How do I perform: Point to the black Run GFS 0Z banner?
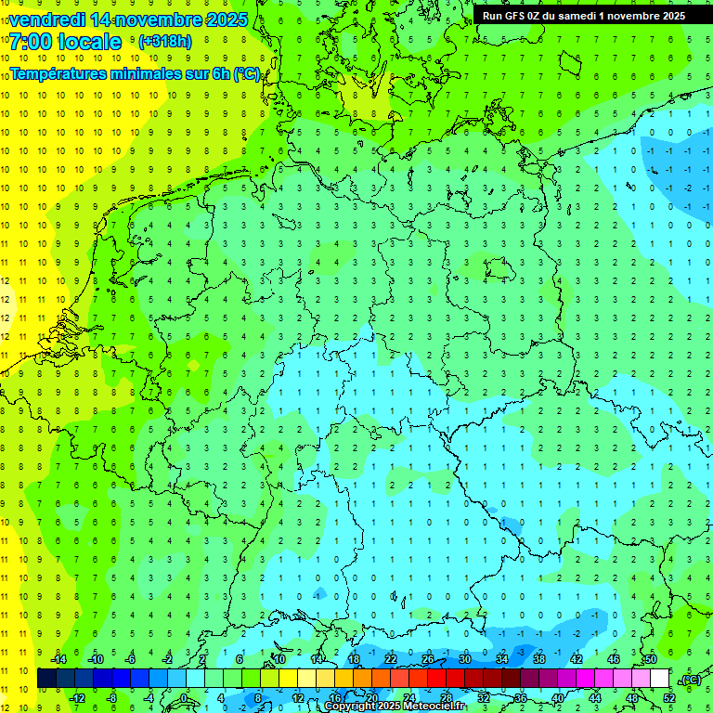pyautogui.click(x=583, y=15)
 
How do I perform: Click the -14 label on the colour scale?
pyautogui.click(x=58, y=659)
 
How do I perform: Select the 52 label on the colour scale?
pyautogui.click(x=669, y=698)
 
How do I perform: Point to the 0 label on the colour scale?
pyautogui.click(x=185, y=698)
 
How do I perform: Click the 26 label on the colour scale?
pyautogui.click(x=427, y=659)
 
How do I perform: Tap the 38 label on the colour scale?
pyautogui.click(x=538, y=659)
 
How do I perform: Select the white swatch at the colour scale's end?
pyautogui.click(x=660, y=679)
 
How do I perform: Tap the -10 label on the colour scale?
pyautogui.click(x=94, y=659)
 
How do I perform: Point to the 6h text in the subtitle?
pyautogui.click(x=220, y=73)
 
